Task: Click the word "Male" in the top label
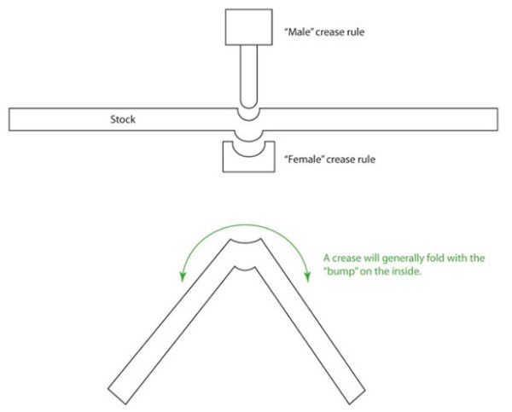tap(299, 32)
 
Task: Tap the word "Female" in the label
tap(305, 159)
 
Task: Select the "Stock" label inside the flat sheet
tap(123, 119)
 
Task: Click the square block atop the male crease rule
tap(249, 27)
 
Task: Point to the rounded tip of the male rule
tap(249, 104)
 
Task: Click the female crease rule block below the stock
tap(249, 157)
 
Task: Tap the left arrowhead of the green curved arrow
tap(183, 276)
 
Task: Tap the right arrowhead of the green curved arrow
tap(307, 276)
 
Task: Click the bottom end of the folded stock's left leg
tap(117, 397)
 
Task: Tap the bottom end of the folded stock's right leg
tap(357, 397)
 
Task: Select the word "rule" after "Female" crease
tap(366, 159)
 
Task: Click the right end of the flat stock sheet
tap(497, 119)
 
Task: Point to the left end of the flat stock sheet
tap(9, 119)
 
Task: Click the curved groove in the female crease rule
tap(249, 156)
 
